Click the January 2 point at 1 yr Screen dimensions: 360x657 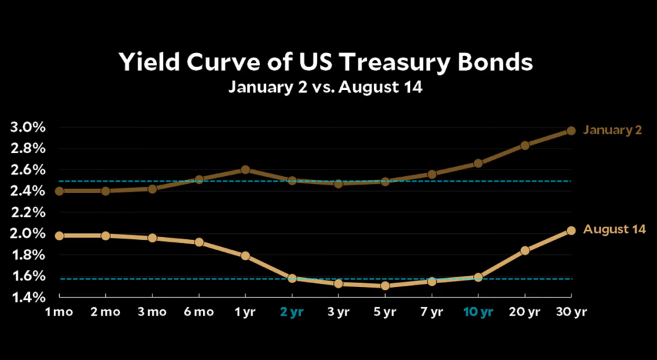(x=245, y=169)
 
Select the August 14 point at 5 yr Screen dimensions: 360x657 (x=386, y=286)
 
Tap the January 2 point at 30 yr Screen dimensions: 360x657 (x=571, y=131)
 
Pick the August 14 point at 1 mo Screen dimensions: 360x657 (x=58, y=235)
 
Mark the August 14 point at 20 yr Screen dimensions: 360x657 (x=525, y=250)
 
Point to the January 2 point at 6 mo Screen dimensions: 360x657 (x=199, y=179)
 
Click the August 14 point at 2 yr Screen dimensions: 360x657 (x=292, y=279)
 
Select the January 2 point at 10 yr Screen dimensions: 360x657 (x=478, y=163)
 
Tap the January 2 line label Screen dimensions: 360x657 (x=612, y=131)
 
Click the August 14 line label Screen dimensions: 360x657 (x=615, y=229)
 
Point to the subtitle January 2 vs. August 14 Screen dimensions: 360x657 (x=325, y=87)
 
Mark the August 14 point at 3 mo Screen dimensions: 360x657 (x=152, y=238)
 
